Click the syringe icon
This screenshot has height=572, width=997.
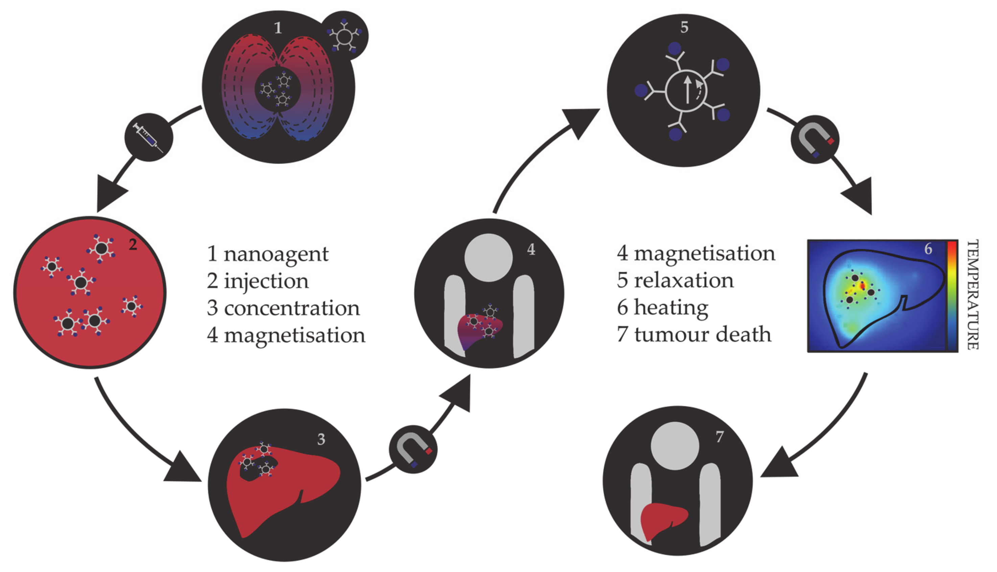(148, 138)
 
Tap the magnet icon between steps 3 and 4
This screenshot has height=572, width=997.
(413, 449)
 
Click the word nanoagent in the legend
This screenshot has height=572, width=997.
(276, 254)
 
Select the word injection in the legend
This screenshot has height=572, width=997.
(266, 281)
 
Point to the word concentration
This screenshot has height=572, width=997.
(292, 308)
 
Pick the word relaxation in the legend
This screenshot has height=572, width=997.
(684, 281)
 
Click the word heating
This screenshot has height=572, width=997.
(671, 308)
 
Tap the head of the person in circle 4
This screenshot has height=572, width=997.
(488, 258)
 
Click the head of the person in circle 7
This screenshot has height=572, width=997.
(675, 446)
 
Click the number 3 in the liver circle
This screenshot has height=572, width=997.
(321, 439)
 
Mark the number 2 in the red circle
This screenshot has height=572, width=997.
(133, 245)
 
